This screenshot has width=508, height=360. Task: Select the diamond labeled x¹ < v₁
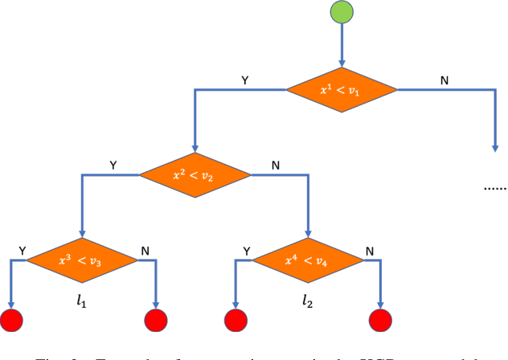342,90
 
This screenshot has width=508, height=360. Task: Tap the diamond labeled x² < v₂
194,174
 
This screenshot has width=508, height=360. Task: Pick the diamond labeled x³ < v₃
82,260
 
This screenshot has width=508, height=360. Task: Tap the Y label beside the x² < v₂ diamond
113,165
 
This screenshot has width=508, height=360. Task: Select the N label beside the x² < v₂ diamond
277,165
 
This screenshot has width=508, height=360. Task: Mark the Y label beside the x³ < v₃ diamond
21,251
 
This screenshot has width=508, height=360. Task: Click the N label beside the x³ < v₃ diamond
145,251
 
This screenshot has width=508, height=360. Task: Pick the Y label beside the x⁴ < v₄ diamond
246,251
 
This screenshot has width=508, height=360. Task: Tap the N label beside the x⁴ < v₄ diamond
369,251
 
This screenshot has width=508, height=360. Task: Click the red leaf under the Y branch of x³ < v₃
11,321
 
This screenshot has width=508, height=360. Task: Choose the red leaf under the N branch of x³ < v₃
155,321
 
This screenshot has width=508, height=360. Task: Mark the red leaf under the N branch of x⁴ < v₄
380,321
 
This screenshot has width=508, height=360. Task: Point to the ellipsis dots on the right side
494,188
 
